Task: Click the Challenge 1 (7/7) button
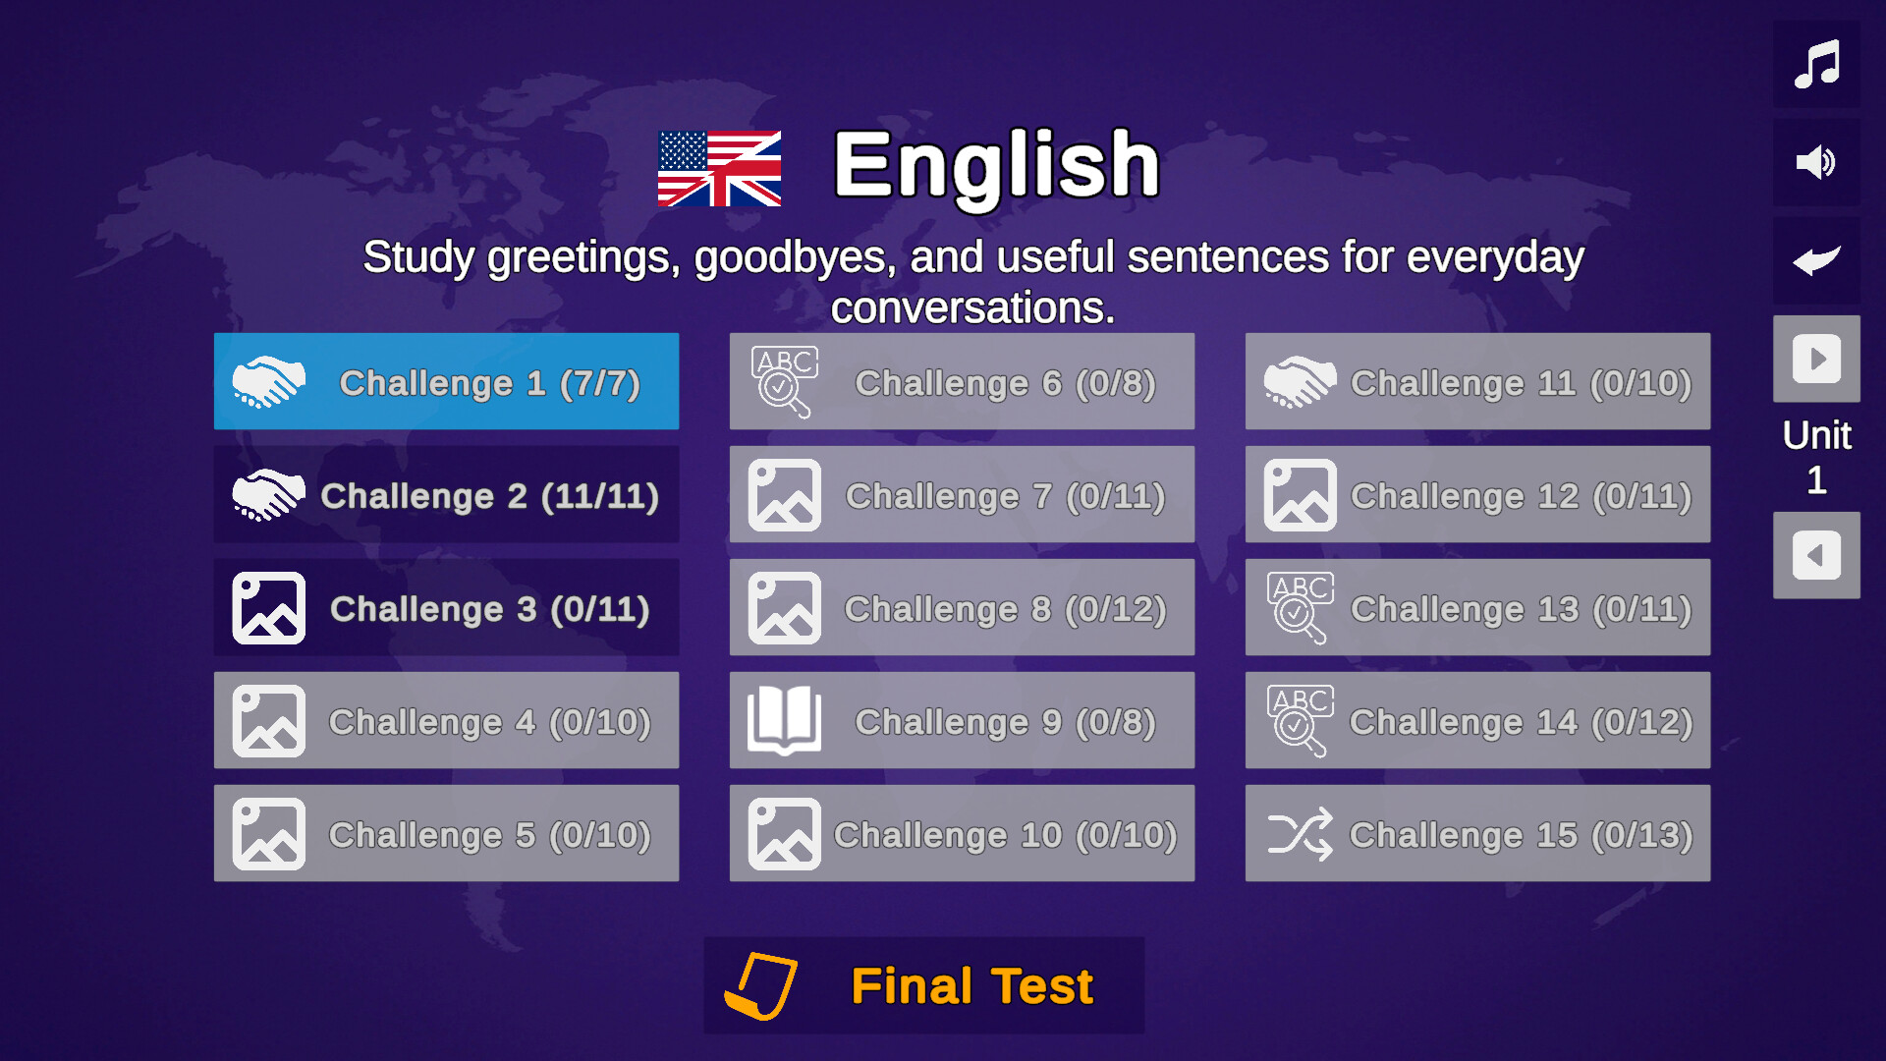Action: pyautogui.click(x=446, y=381)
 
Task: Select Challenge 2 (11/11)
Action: pyautogui.click(x=446, y=494)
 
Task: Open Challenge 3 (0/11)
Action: pyautogui.click(x=446, y=607)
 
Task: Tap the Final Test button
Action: pyautogui.click(x=923, y=985)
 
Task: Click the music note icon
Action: pyautogui.click(x=1816, y=65)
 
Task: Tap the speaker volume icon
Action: pyautogui.click(x=1816, y=162)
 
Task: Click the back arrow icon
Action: pyautogui.click(x=1816, y=260)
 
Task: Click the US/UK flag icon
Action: pyautogui.click(x=719, y=169)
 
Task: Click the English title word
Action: pyautogui.click(x=996, y=165)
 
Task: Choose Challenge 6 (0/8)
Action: pyautogui.click(x=962, y=381)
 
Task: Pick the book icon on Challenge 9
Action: pyautogui.click(x=784, y=720)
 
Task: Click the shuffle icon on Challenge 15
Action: pyautogui.click(x=1300, y=834)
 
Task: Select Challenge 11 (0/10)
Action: pyautogui.click(x=1477, y=381)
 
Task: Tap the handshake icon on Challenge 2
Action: pyautogui.click(x=268, y=494)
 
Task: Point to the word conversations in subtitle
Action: pyautogui.click(x=972, y=308)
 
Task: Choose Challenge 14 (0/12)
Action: pyautogui.click(x=1477, y=720)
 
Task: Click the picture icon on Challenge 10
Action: pyautogui.click(x=784, y=834)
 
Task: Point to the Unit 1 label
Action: pyautogui.click(x=1816, y=457)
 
